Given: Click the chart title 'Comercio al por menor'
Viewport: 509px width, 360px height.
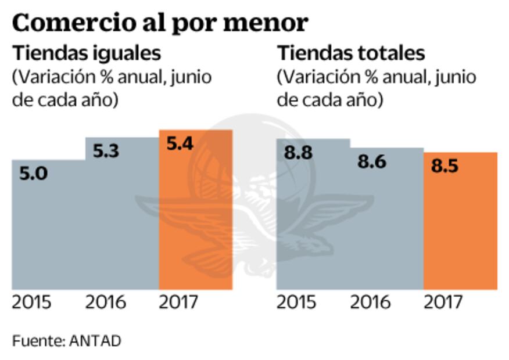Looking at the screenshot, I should point(159,23).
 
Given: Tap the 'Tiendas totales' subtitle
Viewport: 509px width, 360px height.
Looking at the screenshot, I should point(351,53).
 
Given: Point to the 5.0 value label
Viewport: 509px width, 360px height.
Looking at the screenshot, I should point(34,174).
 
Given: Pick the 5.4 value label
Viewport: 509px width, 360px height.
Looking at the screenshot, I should point(181,143).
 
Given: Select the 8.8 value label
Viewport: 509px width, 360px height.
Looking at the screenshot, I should point(298,153).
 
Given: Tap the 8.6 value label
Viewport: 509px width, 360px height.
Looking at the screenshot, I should point(371,161).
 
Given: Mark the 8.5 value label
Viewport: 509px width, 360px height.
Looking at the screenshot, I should point(445,166).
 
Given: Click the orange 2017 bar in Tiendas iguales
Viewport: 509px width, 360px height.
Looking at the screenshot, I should point(196,232).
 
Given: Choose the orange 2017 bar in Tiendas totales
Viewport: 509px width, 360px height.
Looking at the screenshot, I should point(460,232).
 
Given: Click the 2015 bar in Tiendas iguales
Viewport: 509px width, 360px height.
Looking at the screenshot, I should point(49,232).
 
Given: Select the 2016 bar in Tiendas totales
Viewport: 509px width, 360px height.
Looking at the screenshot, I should point(386,232).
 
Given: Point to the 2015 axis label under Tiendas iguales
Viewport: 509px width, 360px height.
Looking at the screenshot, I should point(31,303).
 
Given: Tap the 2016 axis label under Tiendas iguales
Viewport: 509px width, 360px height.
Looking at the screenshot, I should point(106,303).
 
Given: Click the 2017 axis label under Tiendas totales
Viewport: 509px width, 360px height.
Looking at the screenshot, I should point(443,303).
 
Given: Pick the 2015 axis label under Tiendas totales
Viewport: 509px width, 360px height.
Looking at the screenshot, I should point(296,303).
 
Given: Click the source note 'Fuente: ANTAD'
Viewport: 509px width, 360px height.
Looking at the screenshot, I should point(66,340).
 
